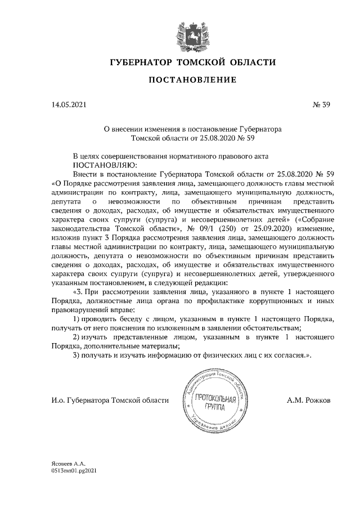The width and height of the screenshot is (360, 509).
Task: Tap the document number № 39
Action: [x=319, y=105]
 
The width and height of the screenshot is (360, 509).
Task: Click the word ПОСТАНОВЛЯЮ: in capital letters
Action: [x=105, y=165]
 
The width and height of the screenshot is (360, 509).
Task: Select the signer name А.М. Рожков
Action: [x=309, y=400]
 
